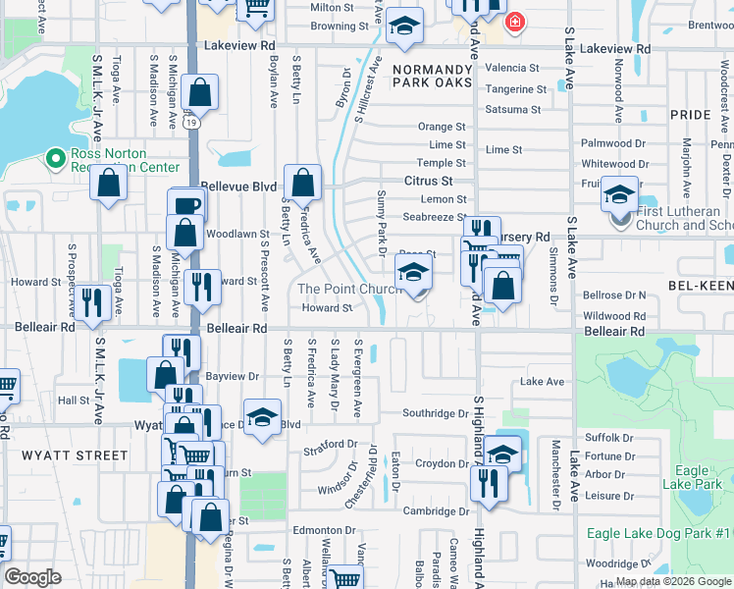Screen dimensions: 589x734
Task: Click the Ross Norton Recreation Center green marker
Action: click(x=54, y=157)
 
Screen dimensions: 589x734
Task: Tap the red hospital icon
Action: click(x=513, y=22)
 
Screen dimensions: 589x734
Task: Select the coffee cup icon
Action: click(x=186, y=205)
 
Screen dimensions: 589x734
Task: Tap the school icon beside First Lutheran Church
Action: click(x=619, y=194)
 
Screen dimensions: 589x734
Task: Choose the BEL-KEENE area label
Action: click(x=698, y=285)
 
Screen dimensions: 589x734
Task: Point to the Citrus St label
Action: click(x=428, y=182)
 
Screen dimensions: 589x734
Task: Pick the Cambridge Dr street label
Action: click(x=436, y=510)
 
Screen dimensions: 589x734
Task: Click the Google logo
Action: click(x=33, y=577)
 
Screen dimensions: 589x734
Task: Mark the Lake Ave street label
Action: click(x=543, y=381)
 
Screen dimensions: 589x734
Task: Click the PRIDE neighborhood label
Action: click(x=690, y=115)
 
